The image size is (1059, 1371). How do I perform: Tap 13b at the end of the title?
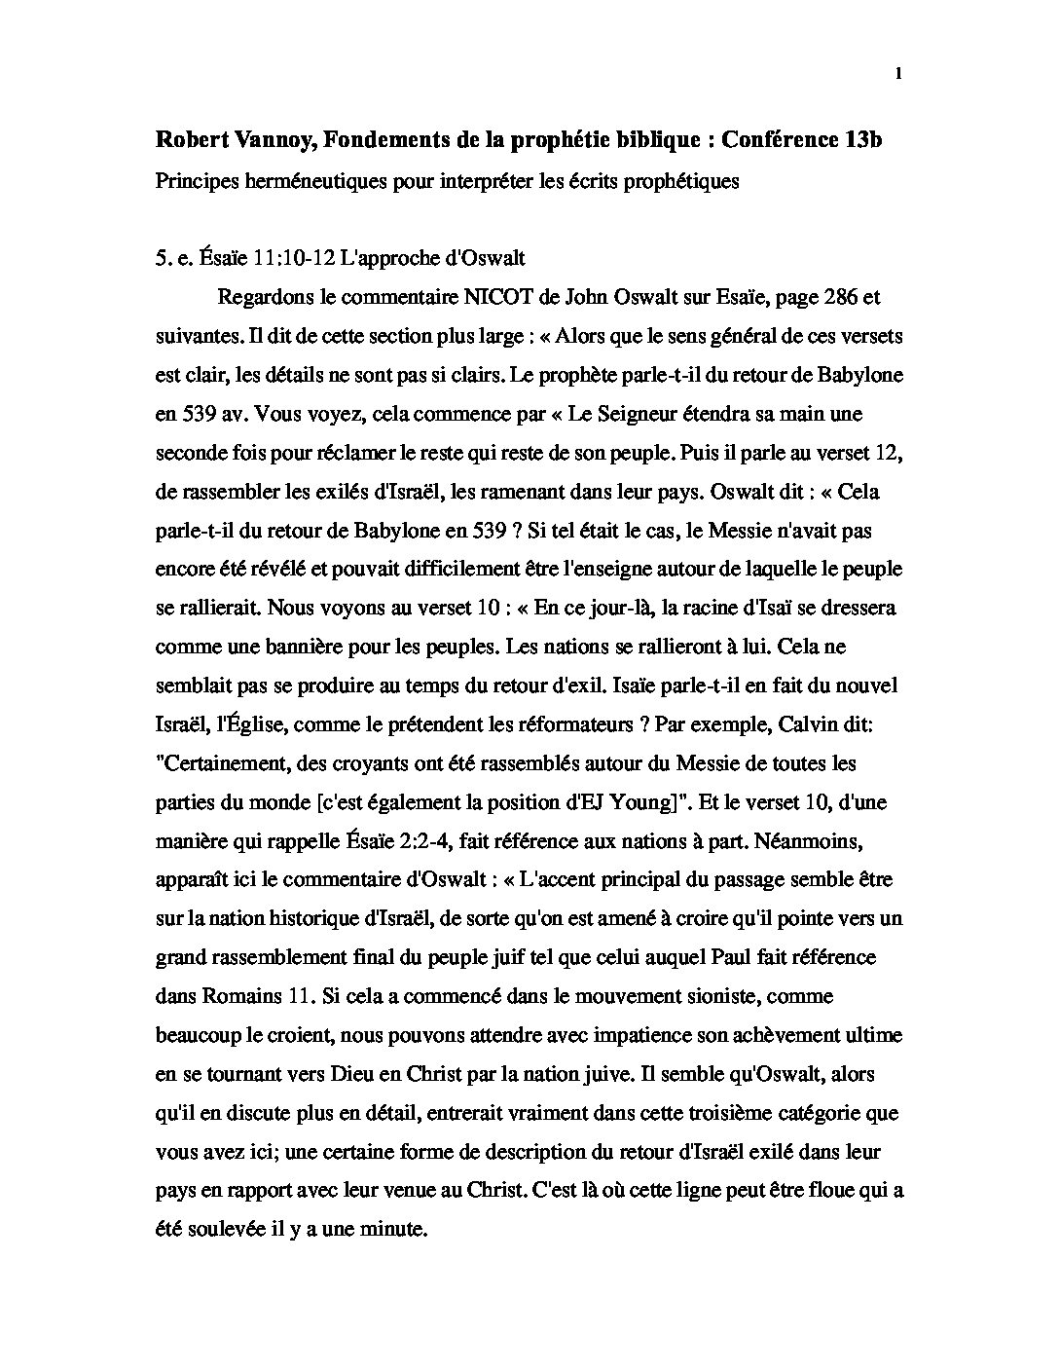tap(863, 139)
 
